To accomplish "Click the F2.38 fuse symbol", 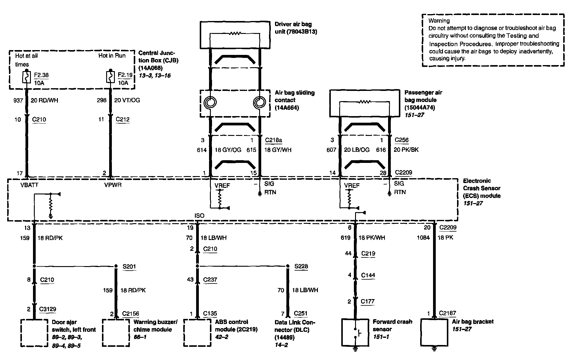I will pyautogui.click(x=27, y=77).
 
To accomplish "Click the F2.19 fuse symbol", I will pyautogui.click(x=110, y=77).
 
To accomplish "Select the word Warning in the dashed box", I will pyautogui.click(x=439, y=21).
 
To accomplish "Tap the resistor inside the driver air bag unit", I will pyautogui.click(x=235, y=34).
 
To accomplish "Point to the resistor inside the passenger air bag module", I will pyautogui.click(x=365, y=102).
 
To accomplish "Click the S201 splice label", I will pyautogui.click(x=129, y=266).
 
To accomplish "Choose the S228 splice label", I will pyautogui.click(x=301, y=266).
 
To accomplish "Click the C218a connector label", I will pyautogui.click(x=274, y=140).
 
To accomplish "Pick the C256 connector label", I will pyautogui.click(x=402, y=140).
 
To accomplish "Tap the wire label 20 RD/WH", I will pyautogui.click(x=44, y=100).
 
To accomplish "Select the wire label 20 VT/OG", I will pyautogui.click(x=127, y=100).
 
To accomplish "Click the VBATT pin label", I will pyautogui.click(x=29, y=185).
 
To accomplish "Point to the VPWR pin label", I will pyautogui.click(x=113, y=185).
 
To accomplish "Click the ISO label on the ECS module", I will pyautogui.click(x=199, y=216).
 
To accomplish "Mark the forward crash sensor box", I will pyautogui.click(x=355, y=332).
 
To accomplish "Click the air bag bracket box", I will pyautogui.click(x=434, y=332).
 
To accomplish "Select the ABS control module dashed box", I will pyautogui.click(x=197, y=332).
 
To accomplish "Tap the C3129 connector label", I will pyautogui.click(x=48, y=309).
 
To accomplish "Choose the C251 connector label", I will pyautogui.click(x=300, y=314).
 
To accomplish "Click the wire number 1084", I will pyautogui.click(x=423, y=238).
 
